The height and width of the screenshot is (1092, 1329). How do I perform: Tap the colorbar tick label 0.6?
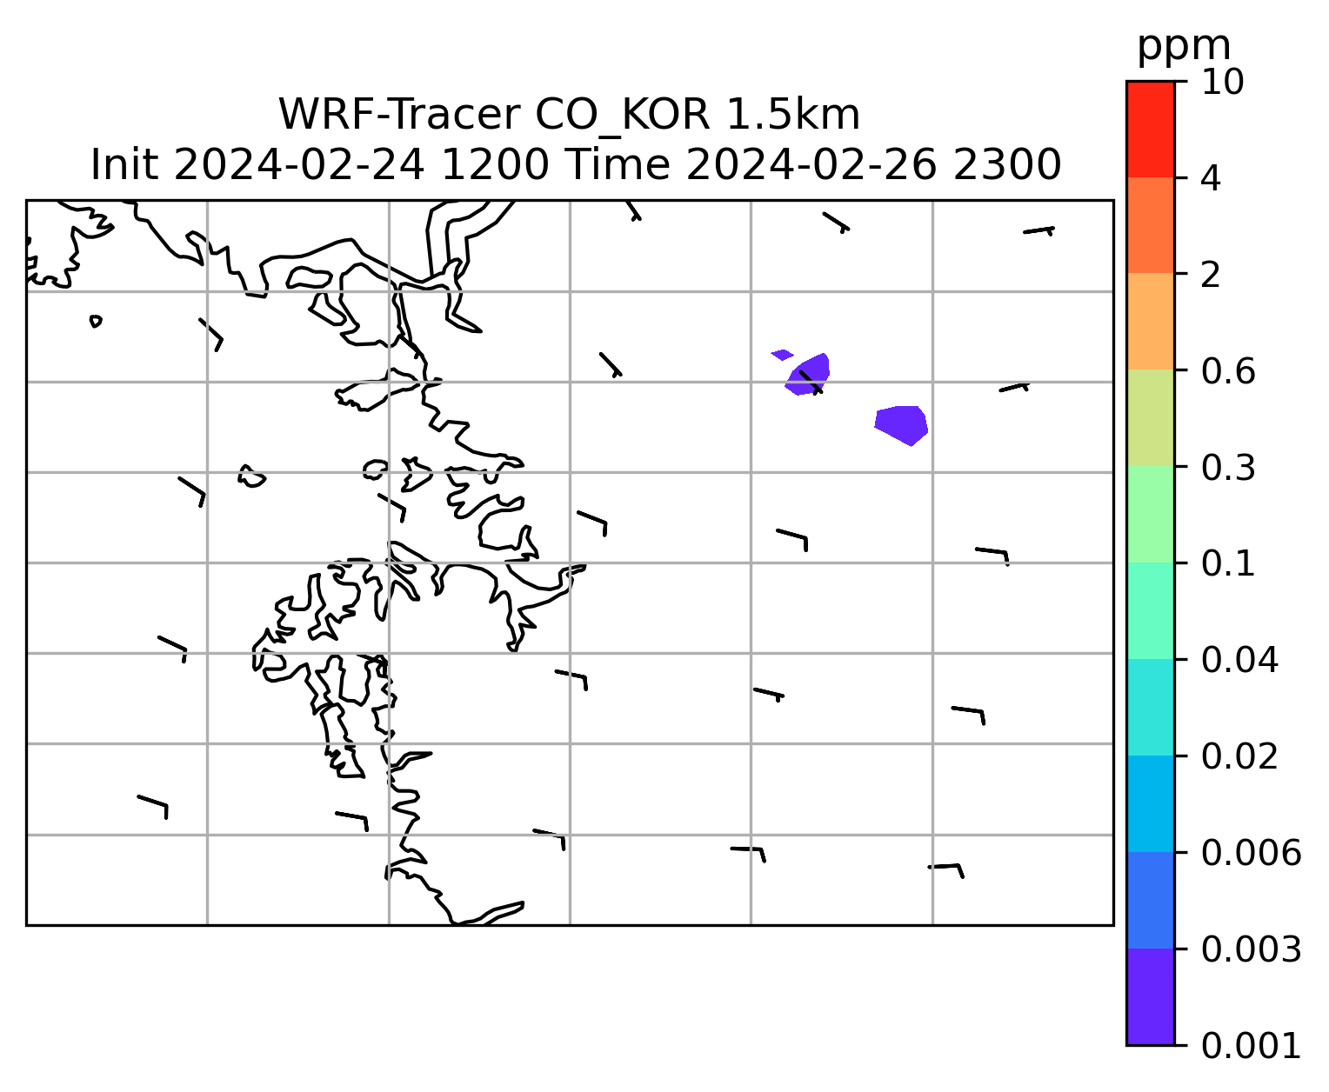click(1227, 371)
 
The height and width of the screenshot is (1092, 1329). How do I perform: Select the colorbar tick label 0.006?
click(1251, 853)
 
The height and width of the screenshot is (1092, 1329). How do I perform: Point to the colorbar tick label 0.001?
click(1251, 1046)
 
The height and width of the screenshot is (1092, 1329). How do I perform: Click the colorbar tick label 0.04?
click(1239, 660)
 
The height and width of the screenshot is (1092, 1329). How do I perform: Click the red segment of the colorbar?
click(1150, 129)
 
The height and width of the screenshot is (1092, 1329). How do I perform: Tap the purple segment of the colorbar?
click(1150, 997)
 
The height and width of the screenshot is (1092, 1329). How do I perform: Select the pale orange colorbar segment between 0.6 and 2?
click(1150, 321)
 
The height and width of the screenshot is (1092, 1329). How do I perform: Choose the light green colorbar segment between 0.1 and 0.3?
click(1150, 514)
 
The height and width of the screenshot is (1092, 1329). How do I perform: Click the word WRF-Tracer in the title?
click(399, 115)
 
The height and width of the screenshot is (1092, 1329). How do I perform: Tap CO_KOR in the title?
click(623, 116)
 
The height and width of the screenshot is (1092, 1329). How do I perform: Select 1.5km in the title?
click(793, 115)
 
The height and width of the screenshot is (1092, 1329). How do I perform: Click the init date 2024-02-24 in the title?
click(298, 165)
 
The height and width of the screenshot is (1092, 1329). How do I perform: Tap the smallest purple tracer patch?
click(782, 355)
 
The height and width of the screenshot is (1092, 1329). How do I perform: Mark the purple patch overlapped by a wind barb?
click(809, 375)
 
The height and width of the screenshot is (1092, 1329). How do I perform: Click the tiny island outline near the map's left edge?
click(95, 321)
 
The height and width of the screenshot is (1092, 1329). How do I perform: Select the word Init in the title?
click(124, 165)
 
